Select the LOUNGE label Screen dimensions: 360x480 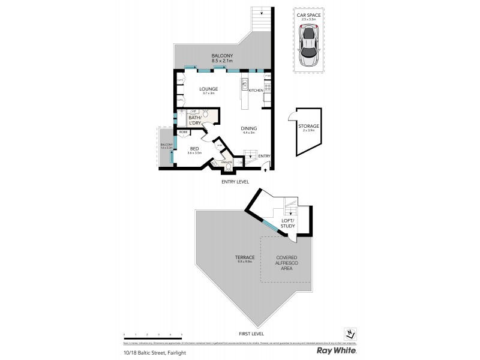click(x=209, y=89)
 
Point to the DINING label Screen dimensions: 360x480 click(x=248, y=128)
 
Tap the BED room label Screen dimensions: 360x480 click(x=194, y=149)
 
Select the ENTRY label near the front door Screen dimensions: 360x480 click(x=264, y=156)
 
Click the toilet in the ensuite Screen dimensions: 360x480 click(x=229, y=169)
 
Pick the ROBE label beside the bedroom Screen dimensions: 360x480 click(x=182, y=132)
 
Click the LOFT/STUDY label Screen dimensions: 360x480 click(x=288, y=223)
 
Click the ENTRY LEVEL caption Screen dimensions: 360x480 click(x=236, y=181)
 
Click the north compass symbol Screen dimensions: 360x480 click(x=350, y=334)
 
